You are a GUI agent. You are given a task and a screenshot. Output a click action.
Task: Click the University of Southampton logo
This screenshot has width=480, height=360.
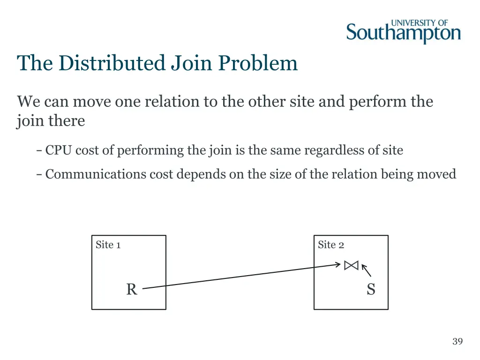(x=403, y=31)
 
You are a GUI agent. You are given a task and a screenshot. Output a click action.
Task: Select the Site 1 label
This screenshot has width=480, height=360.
(x=108, y=245)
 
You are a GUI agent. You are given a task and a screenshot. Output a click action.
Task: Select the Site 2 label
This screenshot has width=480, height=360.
(x=330, y=245)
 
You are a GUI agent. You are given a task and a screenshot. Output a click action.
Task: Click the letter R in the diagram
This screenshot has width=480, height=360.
(x=131, y=290)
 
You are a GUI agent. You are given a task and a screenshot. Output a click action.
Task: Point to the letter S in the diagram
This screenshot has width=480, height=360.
(x=371, y=290)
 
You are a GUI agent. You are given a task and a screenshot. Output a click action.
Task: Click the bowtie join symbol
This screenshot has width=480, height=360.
(x=351, y=265)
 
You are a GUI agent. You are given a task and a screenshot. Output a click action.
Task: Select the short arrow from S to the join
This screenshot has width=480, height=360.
(x=367, y=271)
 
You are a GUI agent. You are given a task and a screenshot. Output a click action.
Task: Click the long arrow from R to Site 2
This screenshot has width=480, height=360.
(x=241, y=277)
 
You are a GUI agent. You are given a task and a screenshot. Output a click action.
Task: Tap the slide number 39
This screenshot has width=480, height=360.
(x=457, y=341)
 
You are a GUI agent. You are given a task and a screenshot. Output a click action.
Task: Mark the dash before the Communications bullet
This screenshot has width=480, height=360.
(x=39, y=174)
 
